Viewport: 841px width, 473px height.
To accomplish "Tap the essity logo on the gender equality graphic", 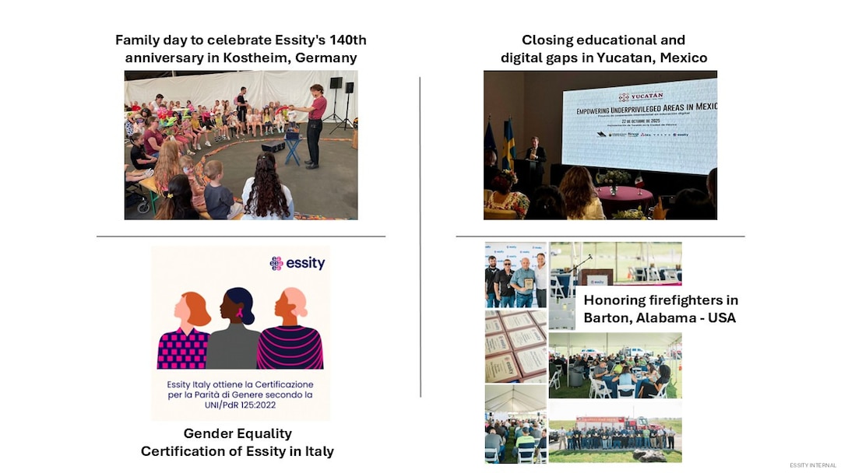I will [x=297, y=264].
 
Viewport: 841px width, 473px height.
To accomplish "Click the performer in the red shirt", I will [x=315, y=124].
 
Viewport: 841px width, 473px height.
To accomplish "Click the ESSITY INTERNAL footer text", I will [x=813, y=465].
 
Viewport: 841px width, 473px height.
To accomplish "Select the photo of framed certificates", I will [x=516, y=346].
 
